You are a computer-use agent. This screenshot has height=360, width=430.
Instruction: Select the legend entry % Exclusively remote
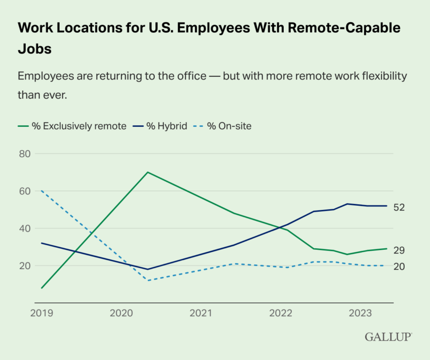72,126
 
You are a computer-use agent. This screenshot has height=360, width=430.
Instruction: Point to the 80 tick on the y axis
24,154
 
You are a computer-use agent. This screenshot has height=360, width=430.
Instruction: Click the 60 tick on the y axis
24,191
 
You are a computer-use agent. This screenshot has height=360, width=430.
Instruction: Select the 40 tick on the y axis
24,229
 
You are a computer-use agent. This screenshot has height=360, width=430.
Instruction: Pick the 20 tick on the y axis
24,266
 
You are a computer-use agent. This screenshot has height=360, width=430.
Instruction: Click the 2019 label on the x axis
41,313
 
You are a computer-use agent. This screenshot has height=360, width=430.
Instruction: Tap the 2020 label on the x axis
121,313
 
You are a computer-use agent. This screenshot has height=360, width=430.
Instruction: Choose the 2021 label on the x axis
201,313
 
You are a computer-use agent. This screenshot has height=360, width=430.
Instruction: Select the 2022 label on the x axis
281,313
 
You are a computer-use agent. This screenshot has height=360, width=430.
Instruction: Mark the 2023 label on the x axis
361,313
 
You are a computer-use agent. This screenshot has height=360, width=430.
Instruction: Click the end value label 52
399,208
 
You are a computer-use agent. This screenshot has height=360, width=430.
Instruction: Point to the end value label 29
399,250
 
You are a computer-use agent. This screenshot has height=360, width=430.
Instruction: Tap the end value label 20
399,266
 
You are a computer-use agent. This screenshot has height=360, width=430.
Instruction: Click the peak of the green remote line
147,172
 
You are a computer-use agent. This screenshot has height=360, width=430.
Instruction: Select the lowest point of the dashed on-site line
147,281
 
